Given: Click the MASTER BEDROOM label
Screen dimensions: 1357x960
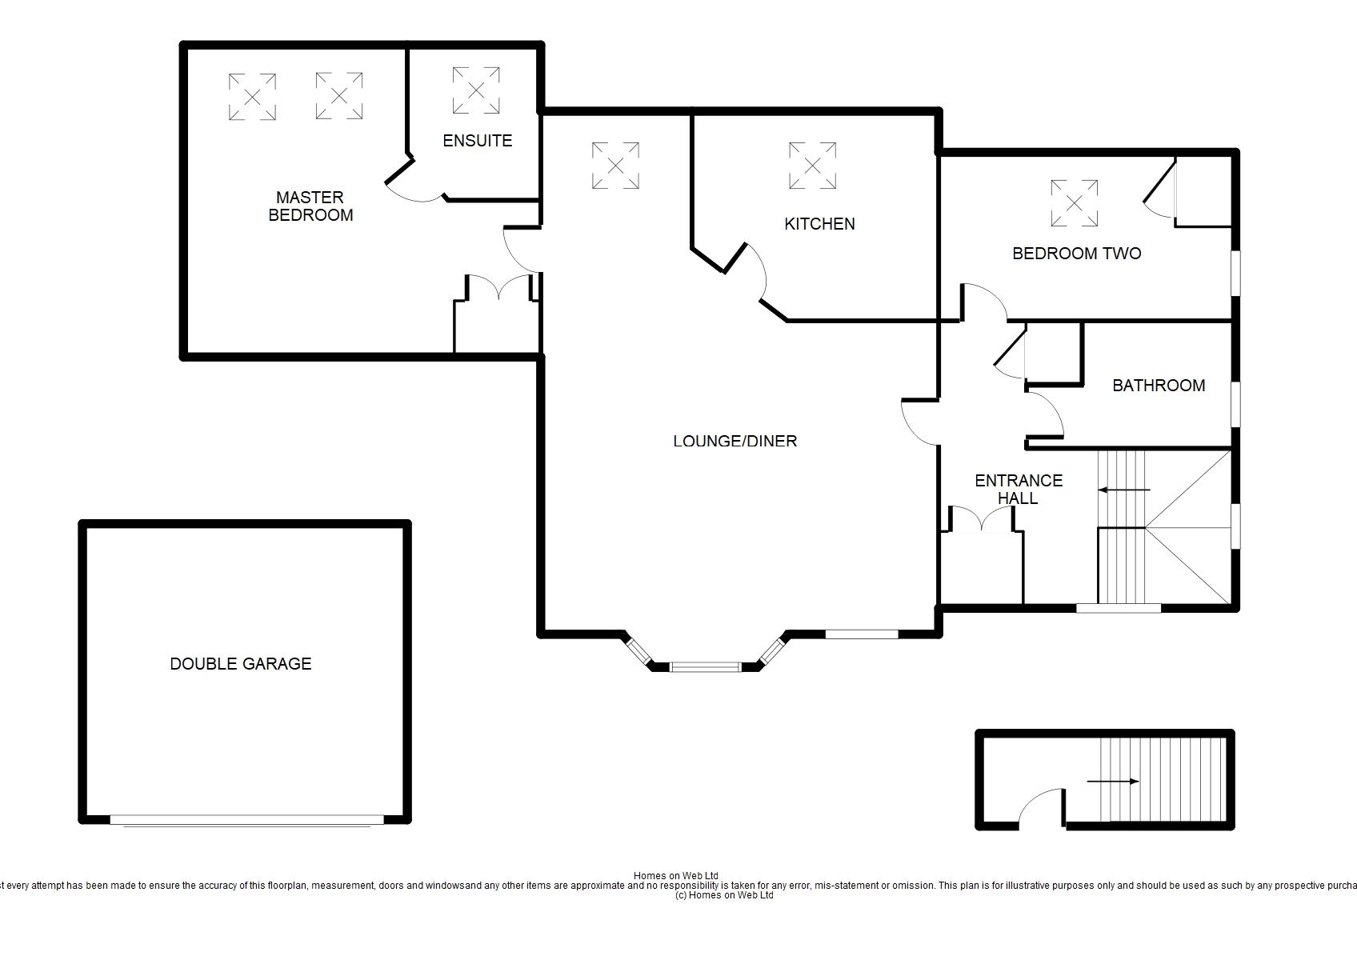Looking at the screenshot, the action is click(x=310, y=206).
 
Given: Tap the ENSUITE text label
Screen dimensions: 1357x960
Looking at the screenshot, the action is click(x=478, y=141).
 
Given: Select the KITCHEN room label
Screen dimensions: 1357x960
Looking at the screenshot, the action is click(x=819, y=224).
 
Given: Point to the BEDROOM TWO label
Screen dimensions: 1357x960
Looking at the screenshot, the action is click(x=1076, y=253).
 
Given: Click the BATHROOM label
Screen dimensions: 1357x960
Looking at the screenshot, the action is click(x=1159, y=386).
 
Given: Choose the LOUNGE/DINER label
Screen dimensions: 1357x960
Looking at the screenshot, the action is click(x=735, y=441).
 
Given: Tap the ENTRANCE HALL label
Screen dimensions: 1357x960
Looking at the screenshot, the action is click(x=1019, y=490).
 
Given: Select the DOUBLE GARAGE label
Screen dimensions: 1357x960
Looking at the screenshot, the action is click(x=241, y=664).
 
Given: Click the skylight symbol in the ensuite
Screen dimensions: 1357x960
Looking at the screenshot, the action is click(x=476, y=90).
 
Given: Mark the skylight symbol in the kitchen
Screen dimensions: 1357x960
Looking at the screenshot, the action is click(x=812, y=166).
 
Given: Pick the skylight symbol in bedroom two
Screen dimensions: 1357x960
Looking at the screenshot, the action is click(x=1074, y=203).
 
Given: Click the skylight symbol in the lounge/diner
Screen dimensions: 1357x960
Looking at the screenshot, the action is click(x=615, y=166).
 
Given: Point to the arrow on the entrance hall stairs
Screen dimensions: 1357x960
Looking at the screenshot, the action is click(x=1123, y=490).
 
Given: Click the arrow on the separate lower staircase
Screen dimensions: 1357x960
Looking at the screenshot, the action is click(x=1113, y=782).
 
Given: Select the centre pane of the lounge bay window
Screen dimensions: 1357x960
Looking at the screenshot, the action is click(x=706, y=667).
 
